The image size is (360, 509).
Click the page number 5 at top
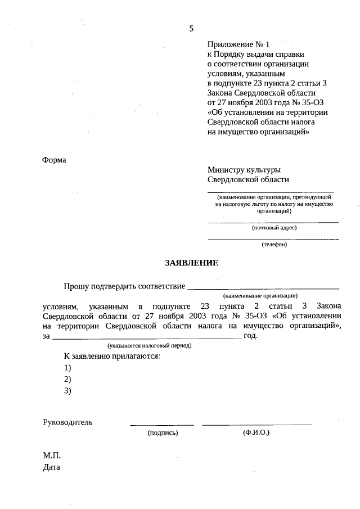coord(191,29)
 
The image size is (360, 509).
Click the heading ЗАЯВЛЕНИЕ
coord(191,263)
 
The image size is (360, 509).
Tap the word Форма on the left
coord(54,160)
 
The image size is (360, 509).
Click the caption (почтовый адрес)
coord(273,228)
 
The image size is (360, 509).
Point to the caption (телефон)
coord(274,244)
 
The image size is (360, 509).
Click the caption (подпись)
coord(163,433)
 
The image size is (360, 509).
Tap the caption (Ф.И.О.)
coord(256,433)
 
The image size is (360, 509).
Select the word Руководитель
coord(67,422)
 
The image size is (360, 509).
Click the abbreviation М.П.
coord(51,454)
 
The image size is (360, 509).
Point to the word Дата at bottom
coord(51,467)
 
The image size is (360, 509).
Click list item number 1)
coord(67,367)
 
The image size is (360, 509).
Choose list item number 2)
coord(67,379)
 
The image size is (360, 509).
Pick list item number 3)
coord(67,391)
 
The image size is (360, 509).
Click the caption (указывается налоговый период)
coord(150,345)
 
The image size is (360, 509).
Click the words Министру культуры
coord(244,169)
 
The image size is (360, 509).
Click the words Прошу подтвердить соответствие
coord(124,286)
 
